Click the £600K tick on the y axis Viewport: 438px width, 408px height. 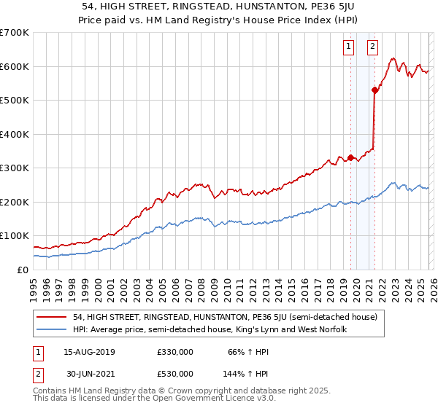(x=15, y=66)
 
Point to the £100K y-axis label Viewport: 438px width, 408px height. (x=15, y=236)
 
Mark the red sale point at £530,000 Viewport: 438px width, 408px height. (x=374, y=90)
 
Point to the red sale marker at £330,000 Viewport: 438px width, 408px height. (x=350, y=157)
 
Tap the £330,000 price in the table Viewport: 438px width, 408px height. (x=174, y=352)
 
